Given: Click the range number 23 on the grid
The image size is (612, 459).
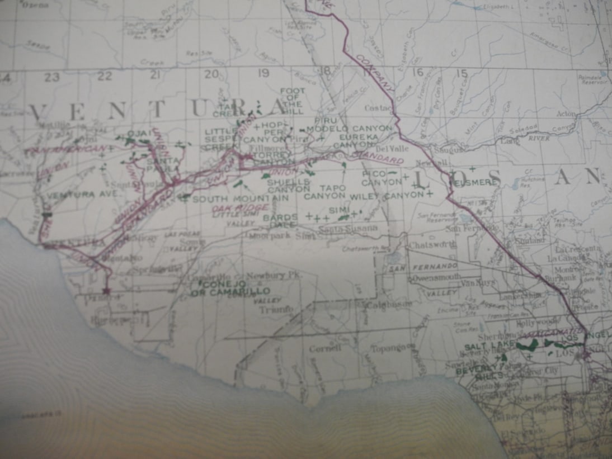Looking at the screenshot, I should point(52,77).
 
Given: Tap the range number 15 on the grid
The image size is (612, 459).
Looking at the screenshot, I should point(461,73).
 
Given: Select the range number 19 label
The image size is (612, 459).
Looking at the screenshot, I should point(263,73).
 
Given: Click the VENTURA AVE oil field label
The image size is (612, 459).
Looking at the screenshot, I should point(82,195).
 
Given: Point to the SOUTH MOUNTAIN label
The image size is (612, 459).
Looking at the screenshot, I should point(241,198).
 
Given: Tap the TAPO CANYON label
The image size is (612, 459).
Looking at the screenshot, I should point(325,192).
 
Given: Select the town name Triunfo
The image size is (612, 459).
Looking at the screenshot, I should point(276,308).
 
